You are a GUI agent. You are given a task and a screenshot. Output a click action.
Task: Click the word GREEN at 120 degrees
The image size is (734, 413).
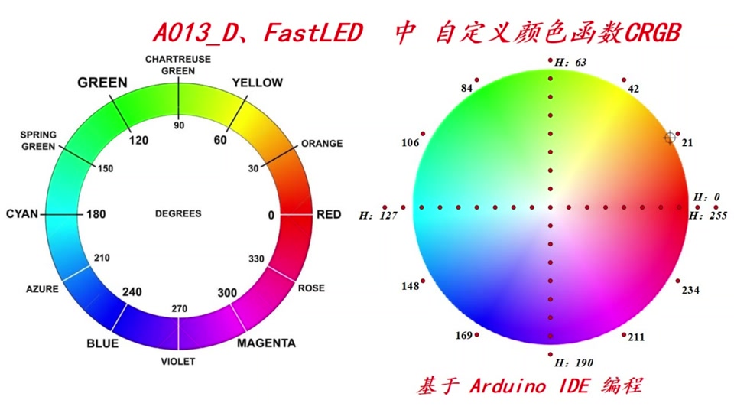click(x=102, y=83)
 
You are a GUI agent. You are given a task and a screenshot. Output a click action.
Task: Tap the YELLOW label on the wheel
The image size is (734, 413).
click(x=257, y=83)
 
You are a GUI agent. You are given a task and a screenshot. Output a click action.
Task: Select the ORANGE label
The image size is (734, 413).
click(x=322, y=144)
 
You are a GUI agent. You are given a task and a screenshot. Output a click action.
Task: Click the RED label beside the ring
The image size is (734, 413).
click(x=329, y=215)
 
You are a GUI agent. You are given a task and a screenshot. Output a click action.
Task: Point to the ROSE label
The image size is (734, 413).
click(x=310, y=288)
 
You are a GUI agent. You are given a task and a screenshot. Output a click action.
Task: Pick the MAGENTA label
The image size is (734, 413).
click(x=266, y=343)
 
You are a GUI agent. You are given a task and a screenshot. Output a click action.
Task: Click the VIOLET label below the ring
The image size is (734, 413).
click(x=179, y=361)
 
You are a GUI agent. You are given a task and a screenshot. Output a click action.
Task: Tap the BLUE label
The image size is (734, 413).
click(x=102, y=343)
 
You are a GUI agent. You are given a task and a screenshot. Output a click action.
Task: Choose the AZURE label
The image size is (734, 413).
click(x=42, y=290)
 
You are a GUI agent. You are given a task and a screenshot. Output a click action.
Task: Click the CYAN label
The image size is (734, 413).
click(x=21, y=215)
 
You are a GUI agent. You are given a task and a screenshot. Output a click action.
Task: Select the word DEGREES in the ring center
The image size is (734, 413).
click(x=178, y=214)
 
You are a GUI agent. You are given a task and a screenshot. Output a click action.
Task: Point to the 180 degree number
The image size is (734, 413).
click(x=96, y=215)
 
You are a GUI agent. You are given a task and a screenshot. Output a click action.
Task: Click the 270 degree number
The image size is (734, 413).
click(x=179, y=308)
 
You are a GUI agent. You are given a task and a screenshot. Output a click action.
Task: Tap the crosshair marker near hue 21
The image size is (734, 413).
click(x=670, y=137)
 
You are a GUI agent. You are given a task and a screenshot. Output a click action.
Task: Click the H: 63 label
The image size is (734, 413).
click(x=571, y=62)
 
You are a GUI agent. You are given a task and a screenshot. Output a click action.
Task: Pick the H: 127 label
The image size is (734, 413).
click(x=378, y=216)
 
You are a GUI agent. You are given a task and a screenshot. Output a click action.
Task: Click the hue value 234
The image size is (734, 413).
click(x=690, y=291)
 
